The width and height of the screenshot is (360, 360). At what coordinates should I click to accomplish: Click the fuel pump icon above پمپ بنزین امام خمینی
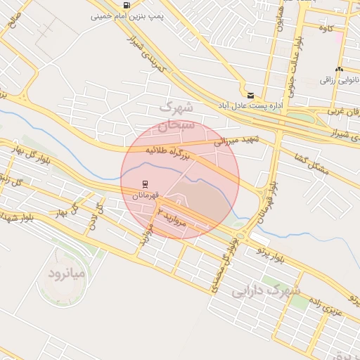tap(126, 5)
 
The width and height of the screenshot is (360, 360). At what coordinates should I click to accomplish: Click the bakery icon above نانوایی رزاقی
tap(340, 70)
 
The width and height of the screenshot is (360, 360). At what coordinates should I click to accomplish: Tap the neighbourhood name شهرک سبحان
tap(176, 117)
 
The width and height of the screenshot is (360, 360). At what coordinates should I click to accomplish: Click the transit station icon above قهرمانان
tap(146, 184)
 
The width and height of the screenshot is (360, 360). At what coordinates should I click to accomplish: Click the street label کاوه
tap(325, 28)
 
